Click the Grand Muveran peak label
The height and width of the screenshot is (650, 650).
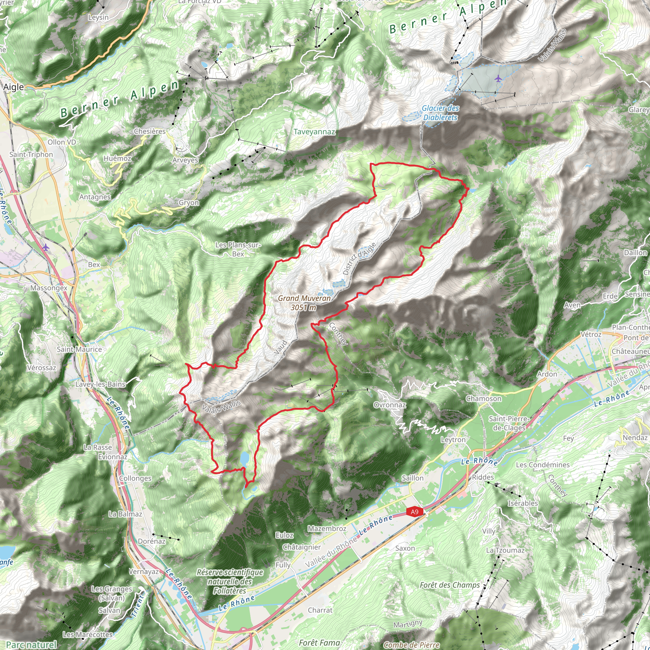[x=304, y=302]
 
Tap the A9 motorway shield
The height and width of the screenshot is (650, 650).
[x=414, y=512]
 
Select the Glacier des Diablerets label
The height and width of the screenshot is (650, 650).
[x=440, y=113]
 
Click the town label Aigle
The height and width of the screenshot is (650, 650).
[x=13, y=87]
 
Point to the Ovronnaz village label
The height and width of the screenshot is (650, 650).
[x=390, y=405]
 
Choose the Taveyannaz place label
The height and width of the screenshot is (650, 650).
[x=314, y=131]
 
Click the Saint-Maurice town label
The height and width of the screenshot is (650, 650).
[x=79, y=349]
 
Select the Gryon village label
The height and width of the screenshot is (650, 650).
[x=189, y=202]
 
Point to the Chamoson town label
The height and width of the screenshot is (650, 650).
[x=483, y=398]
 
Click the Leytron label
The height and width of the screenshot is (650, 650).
[x=453, y=440]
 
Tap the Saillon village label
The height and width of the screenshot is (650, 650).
[x=413, y=478]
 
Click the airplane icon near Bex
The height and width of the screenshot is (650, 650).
[x=46, y=247]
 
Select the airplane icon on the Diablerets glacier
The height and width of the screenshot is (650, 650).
[x=498, y=79]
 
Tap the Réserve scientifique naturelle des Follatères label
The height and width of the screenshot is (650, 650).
[x=230, y=581]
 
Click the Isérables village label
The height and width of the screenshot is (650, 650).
[x=522, y=503]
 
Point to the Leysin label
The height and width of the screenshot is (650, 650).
[x=98, y=17]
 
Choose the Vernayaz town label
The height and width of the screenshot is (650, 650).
[x=144, y=571]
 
